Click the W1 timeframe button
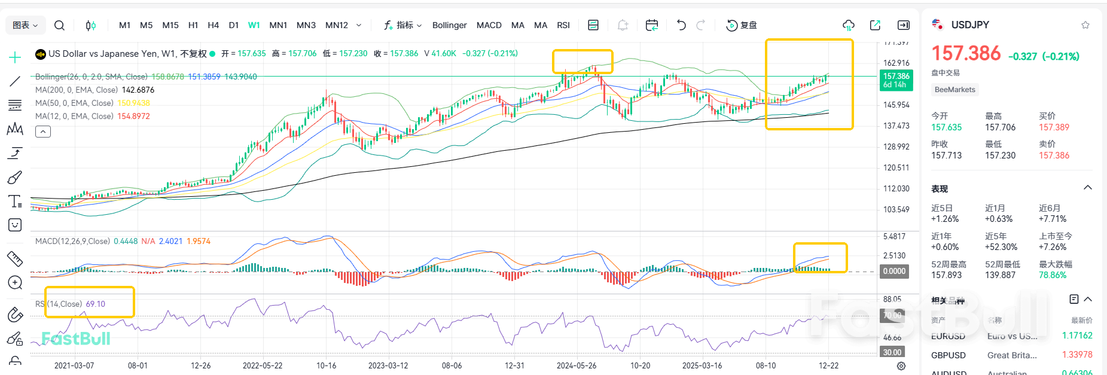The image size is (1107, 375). pyautogui.click(x=254, y=25)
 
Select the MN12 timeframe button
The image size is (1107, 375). pyautogui.click(x=337, y=25)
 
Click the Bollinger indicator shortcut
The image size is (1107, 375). pyautogui.click(x=449, y=25)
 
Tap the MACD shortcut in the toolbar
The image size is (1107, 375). pyautogui.click(x=489, y=25)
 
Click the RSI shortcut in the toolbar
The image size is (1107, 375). pyautogui.click(x=563, y=25)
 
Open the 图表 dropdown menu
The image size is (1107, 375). pyautogui.click(x=25, y=25)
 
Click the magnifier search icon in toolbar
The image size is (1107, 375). pyautogui.click(x=59, y=25)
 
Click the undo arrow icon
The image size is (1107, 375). pyautogui.click(x=681, y=25)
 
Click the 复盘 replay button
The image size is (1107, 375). pyautogui.click(x=742, y=25)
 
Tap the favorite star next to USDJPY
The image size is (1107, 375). pyautogui.click(x=1085, y=25)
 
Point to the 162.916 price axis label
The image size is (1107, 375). pyautogui.click(x=896, y=63)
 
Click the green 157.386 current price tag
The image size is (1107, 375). pyautogui.click(x=896, y=80)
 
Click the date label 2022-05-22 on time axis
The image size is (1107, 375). pyautogui.click(x=263, y=365)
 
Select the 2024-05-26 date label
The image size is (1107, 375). pyautogui.click(x=577, y=365)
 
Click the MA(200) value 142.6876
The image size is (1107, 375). pyautogui.click(x=138, y=90)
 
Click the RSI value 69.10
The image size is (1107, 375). pyautogui.click(x=95, y=304)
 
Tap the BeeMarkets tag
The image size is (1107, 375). pyautogui.click(x=954, y=90)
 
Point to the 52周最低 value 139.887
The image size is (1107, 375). pyautogui.click(x=1000, y=275)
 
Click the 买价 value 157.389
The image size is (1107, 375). pyautogui.click(x=1054, y=127)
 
